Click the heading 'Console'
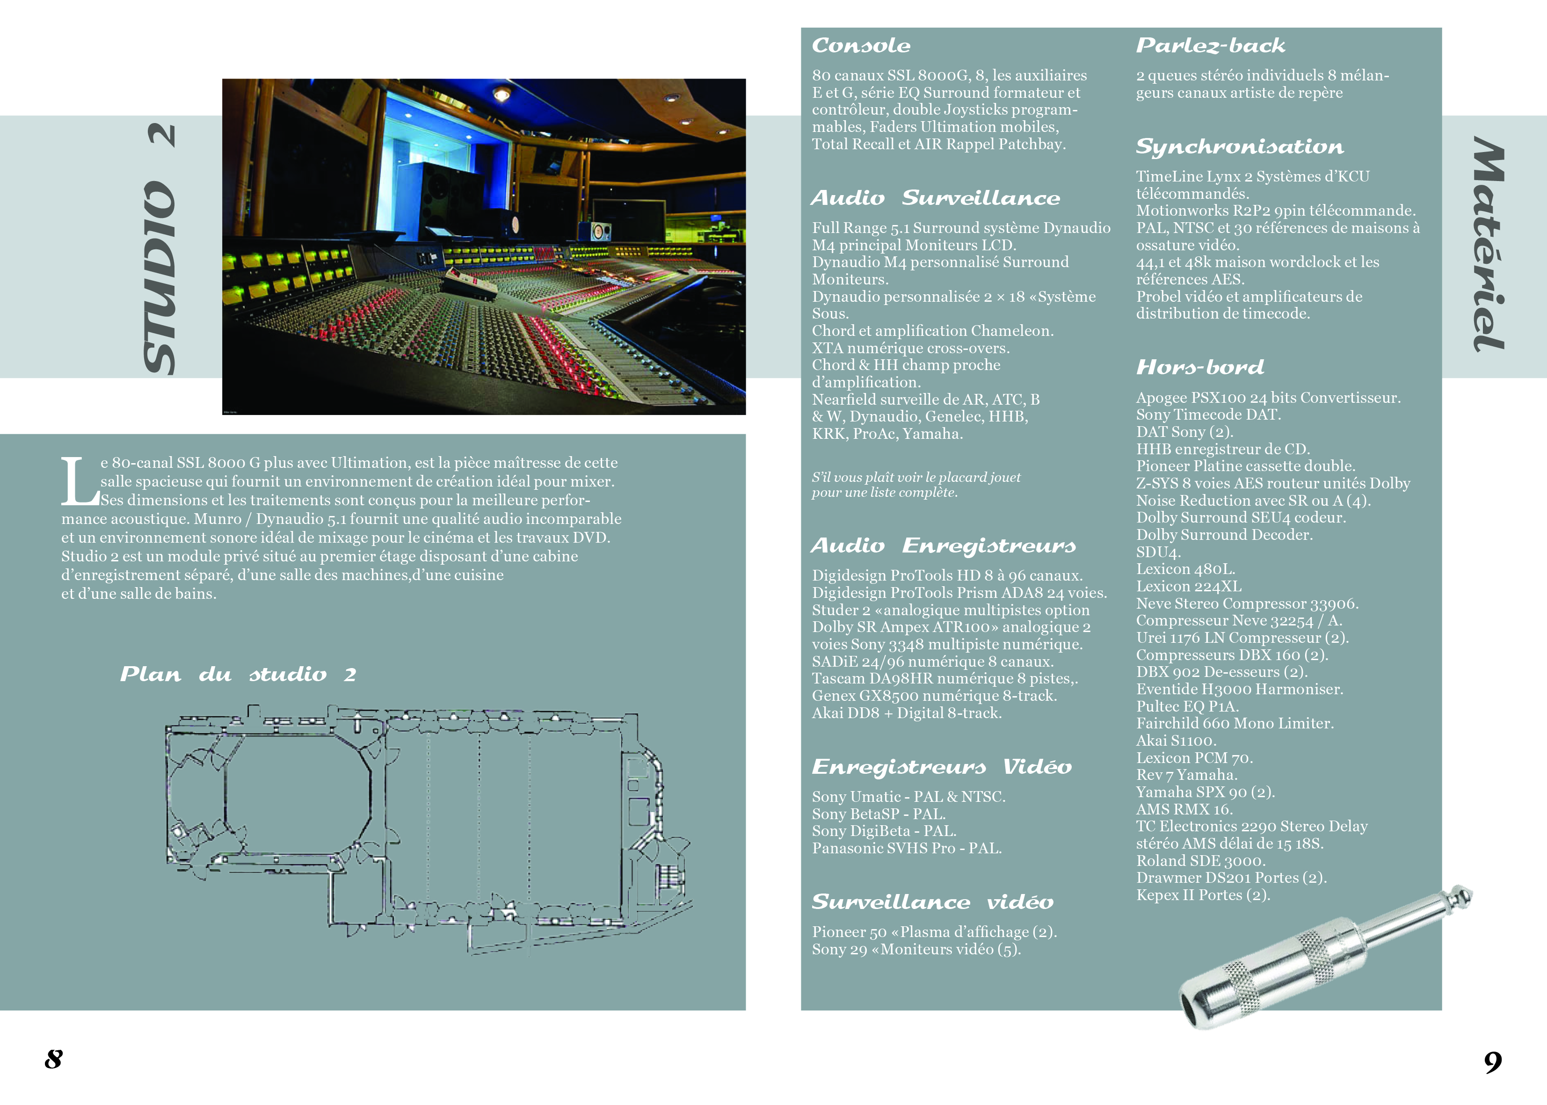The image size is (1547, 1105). tap(861, 45)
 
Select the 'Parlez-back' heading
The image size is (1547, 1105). tap(1210, 45)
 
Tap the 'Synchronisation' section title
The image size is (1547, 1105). tap(1240, 146)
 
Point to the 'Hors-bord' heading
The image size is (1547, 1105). tap(1199, 367)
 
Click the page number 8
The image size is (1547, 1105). tap(54, 1059)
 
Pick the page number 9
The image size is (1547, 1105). tap(1493, 1061)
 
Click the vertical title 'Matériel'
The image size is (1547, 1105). tap(1489, 244)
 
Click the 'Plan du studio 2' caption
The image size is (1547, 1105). tap(238, 674)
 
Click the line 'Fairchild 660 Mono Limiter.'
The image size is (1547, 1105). tap(1234, 723)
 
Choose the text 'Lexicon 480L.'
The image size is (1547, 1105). tap(1185, 569)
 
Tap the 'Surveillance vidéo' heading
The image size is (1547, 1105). tap(932, 902)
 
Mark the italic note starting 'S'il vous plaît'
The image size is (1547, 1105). tap(915, 485)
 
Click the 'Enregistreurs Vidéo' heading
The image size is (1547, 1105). tap(942, 767)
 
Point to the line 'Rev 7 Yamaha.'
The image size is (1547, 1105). tap(1186, 775)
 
